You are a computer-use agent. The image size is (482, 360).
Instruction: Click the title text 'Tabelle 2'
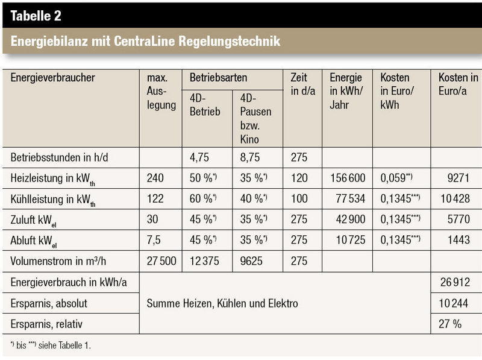(36, 16)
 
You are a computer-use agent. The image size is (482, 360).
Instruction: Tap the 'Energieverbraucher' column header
(52, 78)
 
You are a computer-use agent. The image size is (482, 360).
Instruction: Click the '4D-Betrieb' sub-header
(205, 104)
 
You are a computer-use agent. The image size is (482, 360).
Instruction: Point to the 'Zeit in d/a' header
(303, 84)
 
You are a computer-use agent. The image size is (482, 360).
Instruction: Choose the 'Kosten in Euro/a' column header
(458, 84)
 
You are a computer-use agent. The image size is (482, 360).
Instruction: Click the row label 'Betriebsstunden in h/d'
(59, 157)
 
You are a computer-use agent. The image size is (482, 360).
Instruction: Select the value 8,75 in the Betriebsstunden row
(249, 157)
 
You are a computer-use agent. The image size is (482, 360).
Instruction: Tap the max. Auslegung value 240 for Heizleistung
(155, 178)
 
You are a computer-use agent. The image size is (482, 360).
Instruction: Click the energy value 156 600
(348, 178)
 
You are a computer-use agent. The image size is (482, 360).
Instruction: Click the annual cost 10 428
(455, 198)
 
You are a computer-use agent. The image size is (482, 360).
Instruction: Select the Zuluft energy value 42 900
(351, 219)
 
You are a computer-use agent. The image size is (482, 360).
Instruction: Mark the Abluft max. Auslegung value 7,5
(154, 239)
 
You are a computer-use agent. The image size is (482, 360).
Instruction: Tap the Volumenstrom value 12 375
(204, 261)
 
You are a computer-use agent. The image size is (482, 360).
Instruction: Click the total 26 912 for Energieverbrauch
(455, 282)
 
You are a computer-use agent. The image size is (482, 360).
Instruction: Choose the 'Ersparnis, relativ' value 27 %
(450, 324)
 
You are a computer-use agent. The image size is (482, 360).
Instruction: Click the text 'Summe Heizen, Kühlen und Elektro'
(222, 303)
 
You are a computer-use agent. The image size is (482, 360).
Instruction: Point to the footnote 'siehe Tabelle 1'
(64, 346)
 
